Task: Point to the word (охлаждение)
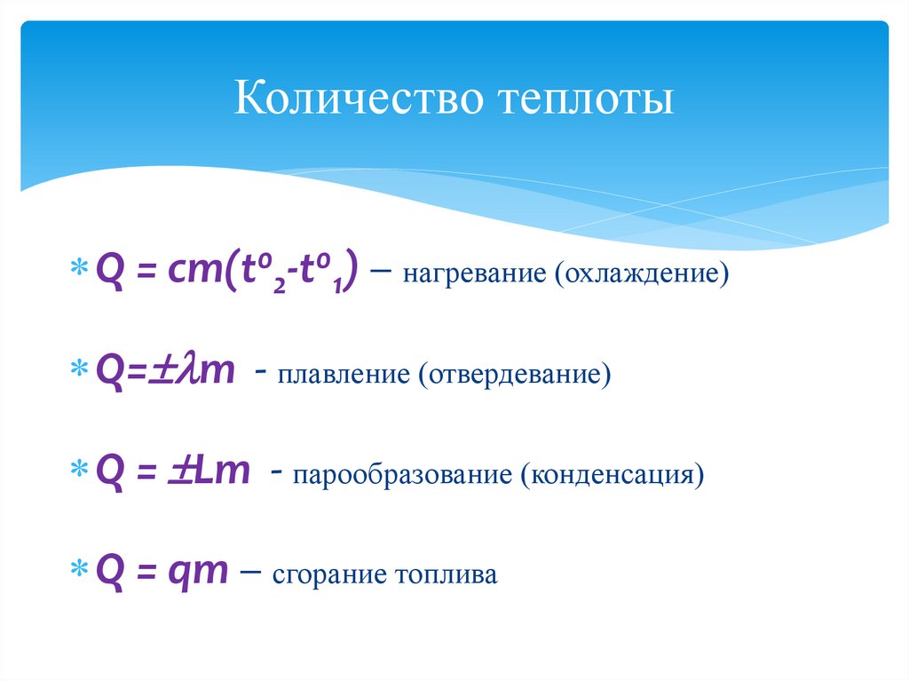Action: point(643,273)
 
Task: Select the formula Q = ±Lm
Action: point(174,471)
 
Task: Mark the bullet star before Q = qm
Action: point(78,570)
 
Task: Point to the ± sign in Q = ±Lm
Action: point(180,471)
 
